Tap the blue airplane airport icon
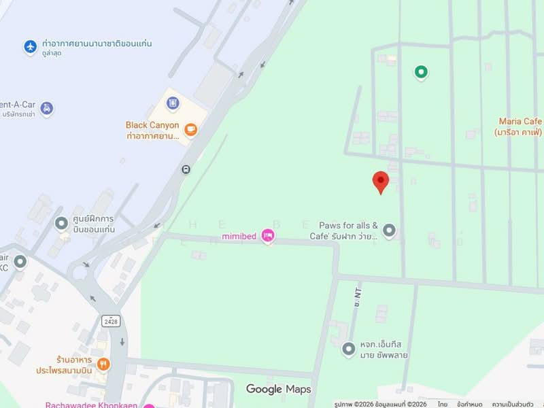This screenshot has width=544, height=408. [x=30, y=47]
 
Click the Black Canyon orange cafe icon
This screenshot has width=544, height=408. [x=191, y=129]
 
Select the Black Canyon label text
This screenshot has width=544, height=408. [x=152, y=125]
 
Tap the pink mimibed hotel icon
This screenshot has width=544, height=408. [x=268, y=236]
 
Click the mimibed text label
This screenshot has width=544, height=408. [x=239, y=237]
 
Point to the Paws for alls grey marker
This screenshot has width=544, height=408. [x=389, y=231]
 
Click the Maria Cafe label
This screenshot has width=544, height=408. [x=520, y=122]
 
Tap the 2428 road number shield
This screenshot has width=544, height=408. [x=112, y=319]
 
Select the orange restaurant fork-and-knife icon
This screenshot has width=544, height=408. [x=103, y=363]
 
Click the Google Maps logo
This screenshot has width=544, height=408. [x=278, y=389]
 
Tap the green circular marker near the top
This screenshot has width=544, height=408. [x=421, y=71]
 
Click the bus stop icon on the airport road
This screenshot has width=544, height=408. [x=186, y=169]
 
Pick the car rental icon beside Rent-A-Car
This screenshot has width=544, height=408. [x=46, y=108]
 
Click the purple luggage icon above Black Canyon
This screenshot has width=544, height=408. [x=173, y=103]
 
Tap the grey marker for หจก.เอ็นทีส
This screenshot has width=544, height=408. [x=349, y=349]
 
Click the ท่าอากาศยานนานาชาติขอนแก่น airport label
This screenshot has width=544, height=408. [x=96, y=44]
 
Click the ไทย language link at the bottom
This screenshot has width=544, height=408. [x=443, y=404]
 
